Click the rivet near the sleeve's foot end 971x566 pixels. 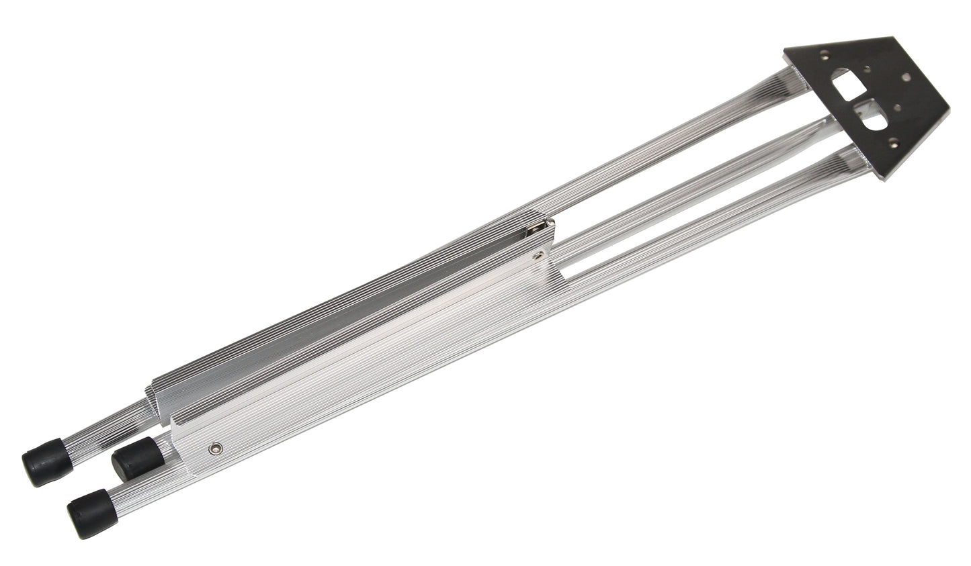216,446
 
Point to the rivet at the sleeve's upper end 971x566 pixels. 542,255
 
